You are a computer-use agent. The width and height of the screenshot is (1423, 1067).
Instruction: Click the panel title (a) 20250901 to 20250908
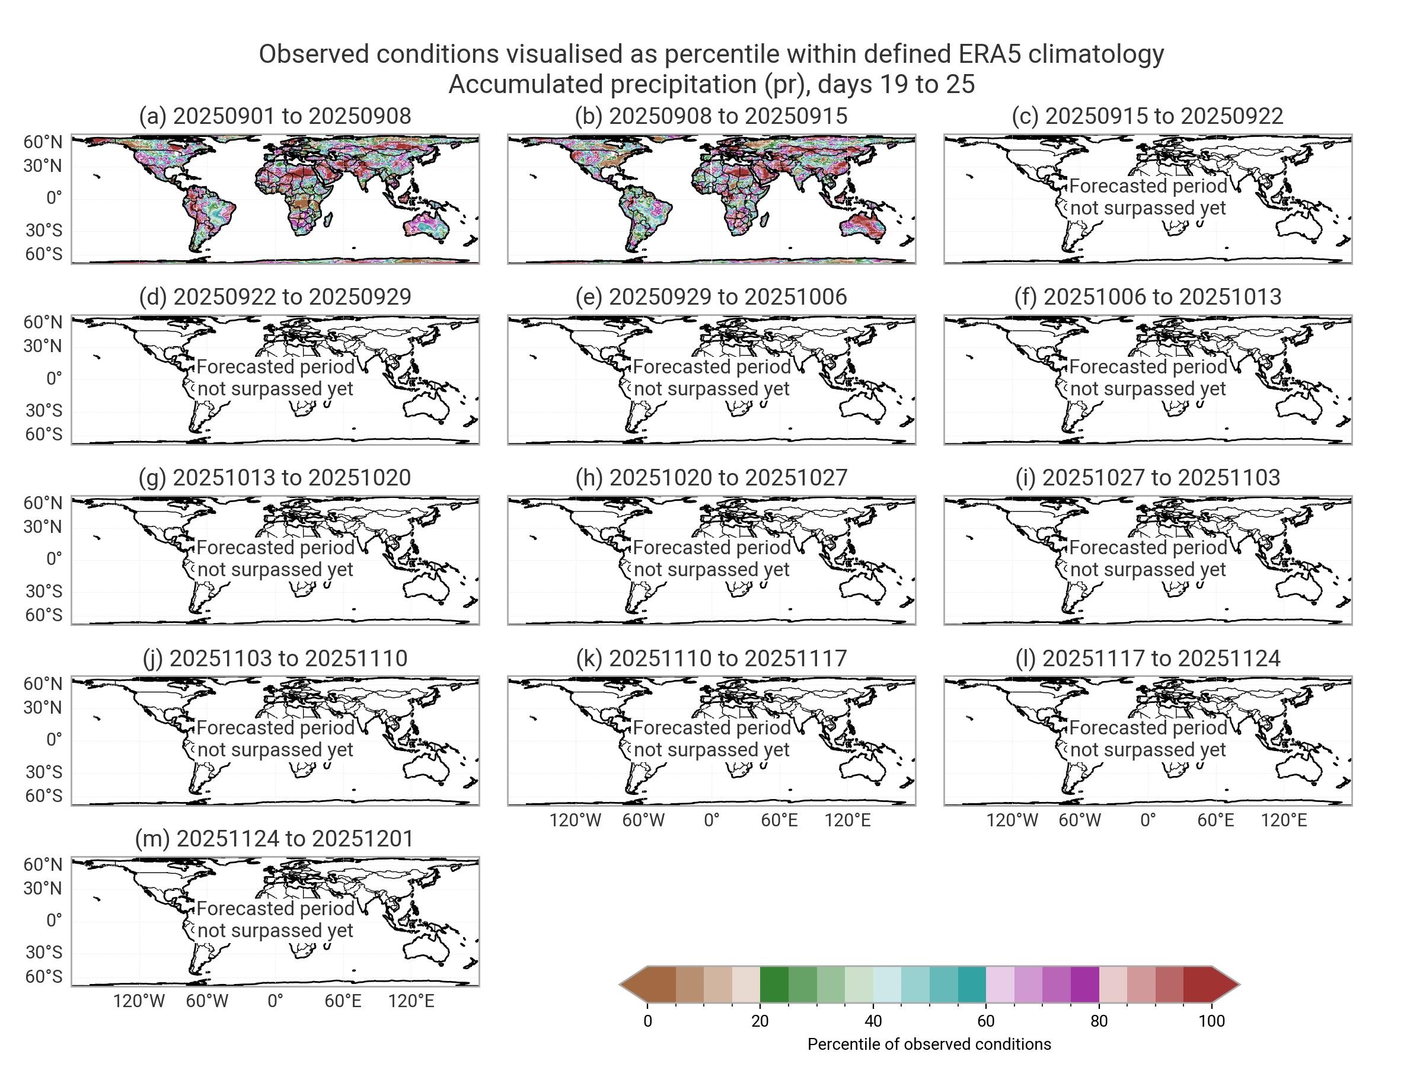tap(275, 116)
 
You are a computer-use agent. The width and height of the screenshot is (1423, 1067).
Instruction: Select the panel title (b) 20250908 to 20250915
tap(711, 116)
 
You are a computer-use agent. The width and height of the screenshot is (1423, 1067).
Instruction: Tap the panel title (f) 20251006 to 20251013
tap(1148, 297)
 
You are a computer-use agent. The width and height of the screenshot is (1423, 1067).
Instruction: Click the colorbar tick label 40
tap(873, 1021)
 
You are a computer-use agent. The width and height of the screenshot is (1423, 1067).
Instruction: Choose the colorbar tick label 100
tap(1211, 1021)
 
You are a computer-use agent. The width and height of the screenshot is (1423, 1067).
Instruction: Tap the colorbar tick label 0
tap(648, 1021)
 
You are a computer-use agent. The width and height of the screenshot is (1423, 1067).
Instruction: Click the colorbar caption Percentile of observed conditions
tap(929, 1044)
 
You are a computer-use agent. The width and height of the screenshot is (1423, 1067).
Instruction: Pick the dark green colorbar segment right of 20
tap(774, 985)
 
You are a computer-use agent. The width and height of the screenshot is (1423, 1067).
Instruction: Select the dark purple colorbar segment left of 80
tap(1084, 985)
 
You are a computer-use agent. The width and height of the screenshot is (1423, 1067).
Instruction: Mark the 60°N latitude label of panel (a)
tap(43, 142)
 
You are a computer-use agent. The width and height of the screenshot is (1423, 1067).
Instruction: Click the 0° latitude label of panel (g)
tap(54, 558)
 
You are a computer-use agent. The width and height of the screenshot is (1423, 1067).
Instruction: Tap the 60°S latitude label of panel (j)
tap(44, 796)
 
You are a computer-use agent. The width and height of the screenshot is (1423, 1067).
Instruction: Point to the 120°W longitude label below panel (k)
tap(575, 820)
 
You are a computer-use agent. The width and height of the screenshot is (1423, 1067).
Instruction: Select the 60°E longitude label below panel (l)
tap(1216, 820)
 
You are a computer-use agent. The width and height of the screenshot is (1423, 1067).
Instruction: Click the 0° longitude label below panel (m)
tap(275, 1001)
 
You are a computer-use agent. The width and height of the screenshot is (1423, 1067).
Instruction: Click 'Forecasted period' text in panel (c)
tap(1148, 187)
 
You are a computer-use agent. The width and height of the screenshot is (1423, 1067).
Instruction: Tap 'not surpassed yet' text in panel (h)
tap(711, 570)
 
